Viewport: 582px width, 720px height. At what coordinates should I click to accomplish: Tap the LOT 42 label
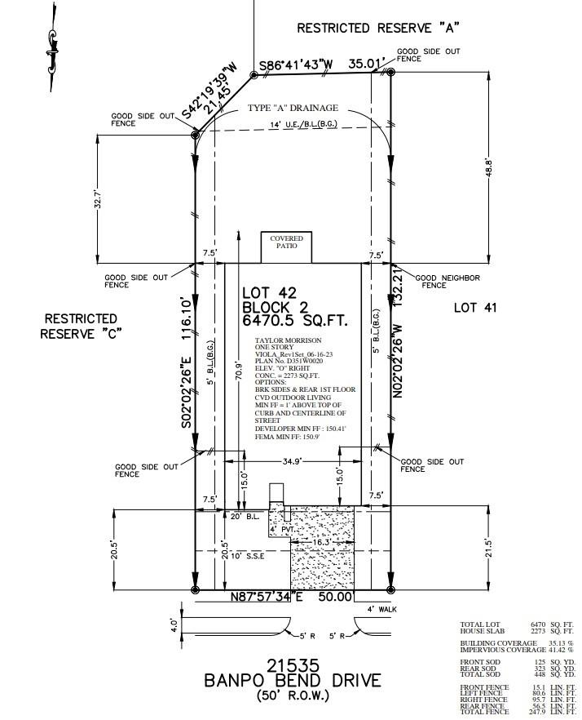point(270,292)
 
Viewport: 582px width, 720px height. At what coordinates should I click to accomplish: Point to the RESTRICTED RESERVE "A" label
point(377,28)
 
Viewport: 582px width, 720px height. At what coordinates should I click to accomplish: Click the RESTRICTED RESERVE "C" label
point(81,327)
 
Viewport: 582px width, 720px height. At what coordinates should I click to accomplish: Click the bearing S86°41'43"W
point(297,64)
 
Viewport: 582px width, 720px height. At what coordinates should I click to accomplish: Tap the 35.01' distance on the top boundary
point(366,62)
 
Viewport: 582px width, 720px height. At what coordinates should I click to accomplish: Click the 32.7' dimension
point(98,200)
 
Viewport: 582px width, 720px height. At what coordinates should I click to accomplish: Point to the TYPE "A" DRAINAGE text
point(293,109)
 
